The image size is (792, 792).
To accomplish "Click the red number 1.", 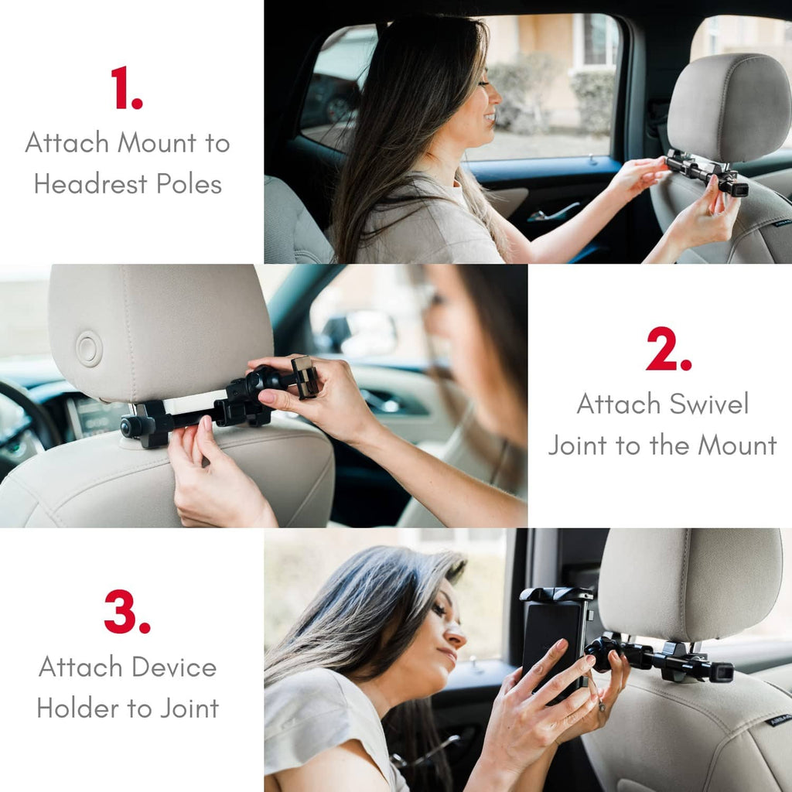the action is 126,87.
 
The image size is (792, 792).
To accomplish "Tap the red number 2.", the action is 668,349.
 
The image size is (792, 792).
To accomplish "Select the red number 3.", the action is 127,612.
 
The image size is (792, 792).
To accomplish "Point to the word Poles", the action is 189,184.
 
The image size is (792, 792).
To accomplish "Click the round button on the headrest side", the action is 90,349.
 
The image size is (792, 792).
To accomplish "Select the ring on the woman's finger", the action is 602,706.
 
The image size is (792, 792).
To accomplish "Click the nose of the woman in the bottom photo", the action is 454,637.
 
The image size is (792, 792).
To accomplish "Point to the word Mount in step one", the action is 157,142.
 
